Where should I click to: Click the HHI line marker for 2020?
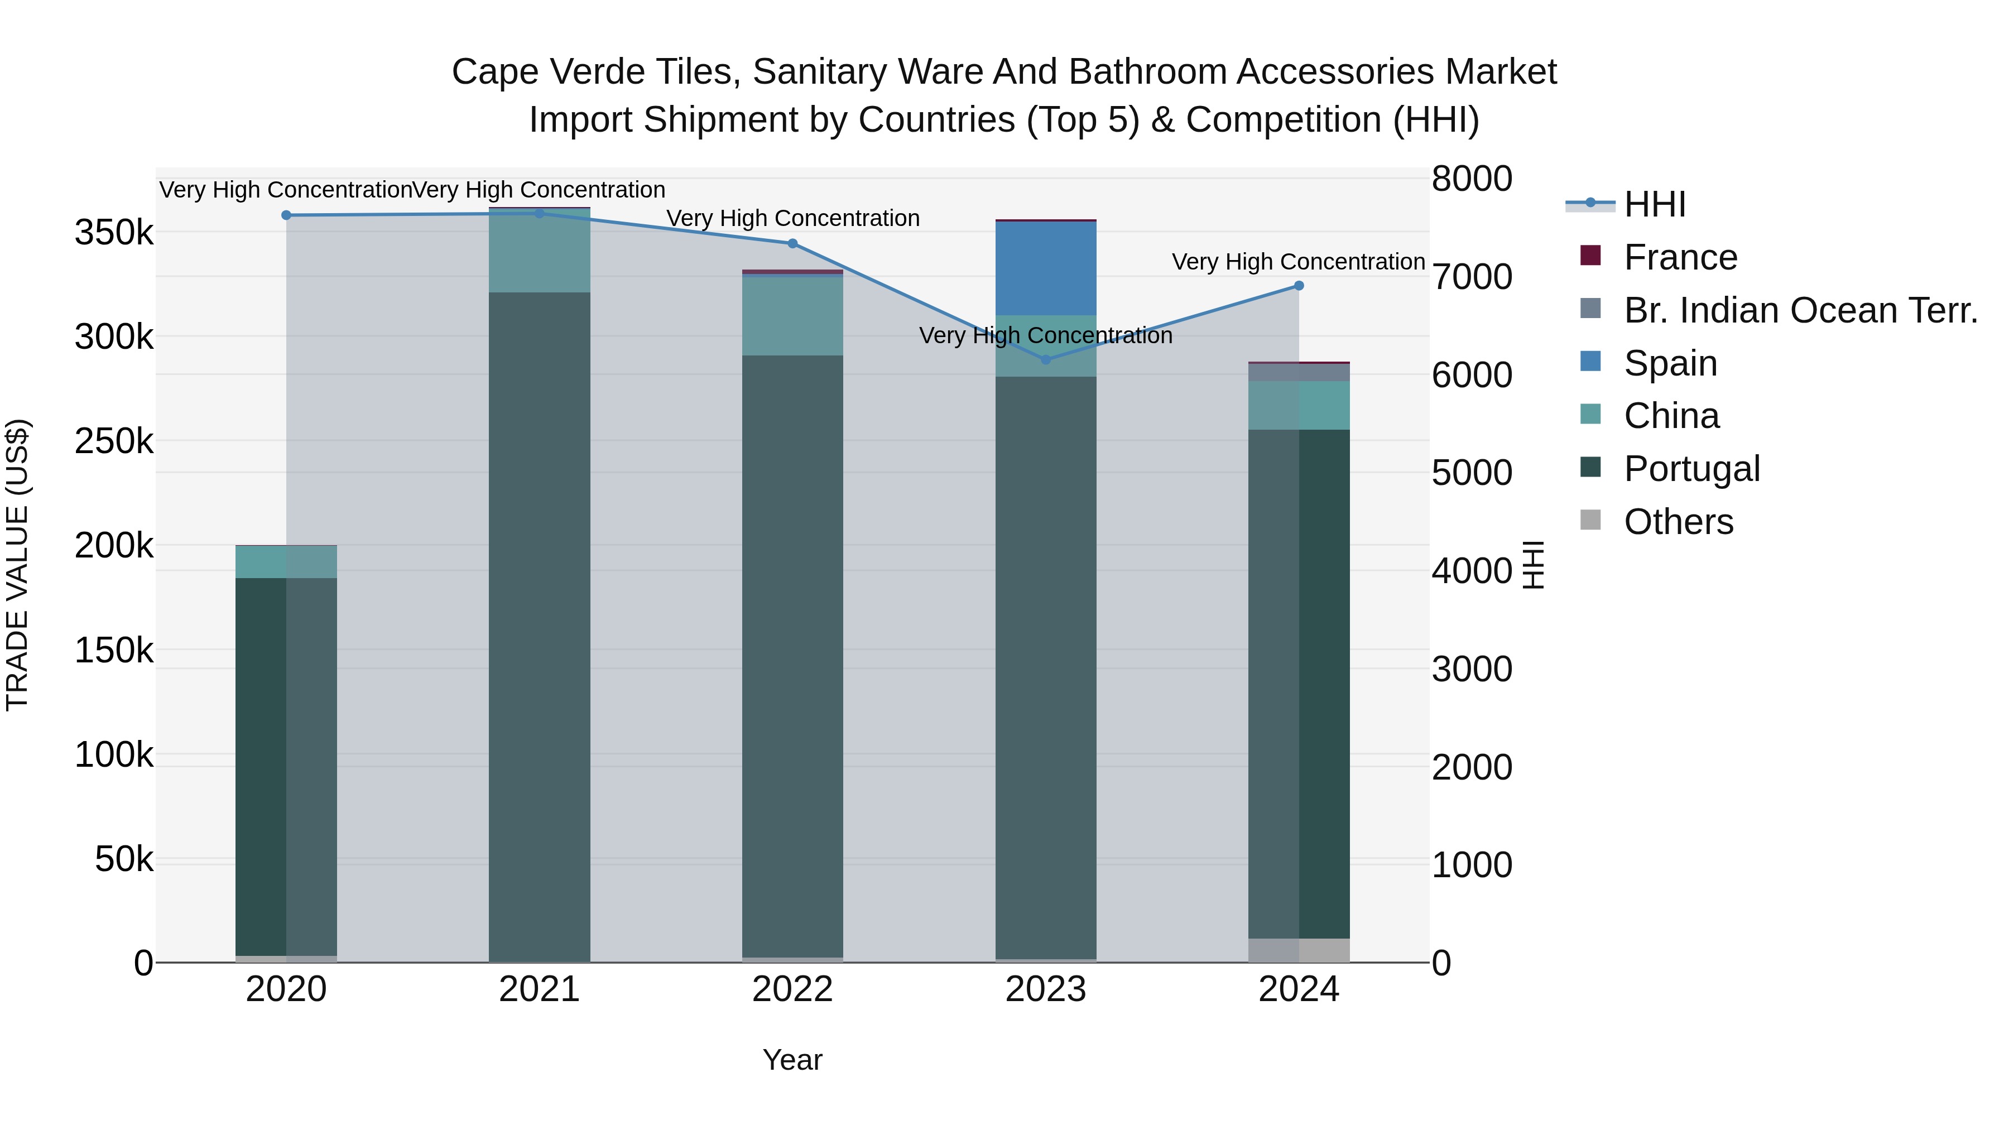point(286,215)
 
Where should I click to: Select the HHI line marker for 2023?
point(1046,359)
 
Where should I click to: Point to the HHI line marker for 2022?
point(792,243)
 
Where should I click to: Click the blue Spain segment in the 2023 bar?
point(1046,268)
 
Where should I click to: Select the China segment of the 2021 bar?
point(539,251)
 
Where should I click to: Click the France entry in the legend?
point(1681,257)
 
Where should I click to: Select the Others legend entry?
point(1678,522)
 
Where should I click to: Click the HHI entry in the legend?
point(1655,204)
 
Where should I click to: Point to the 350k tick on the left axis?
point(114,232)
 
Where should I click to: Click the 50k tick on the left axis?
point(124,859)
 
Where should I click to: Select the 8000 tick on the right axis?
point(1472,179)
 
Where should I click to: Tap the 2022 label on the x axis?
point(792,989)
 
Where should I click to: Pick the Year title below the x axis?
point(792,1060)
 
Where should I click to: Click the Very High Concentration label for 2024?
point(1299,262)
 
